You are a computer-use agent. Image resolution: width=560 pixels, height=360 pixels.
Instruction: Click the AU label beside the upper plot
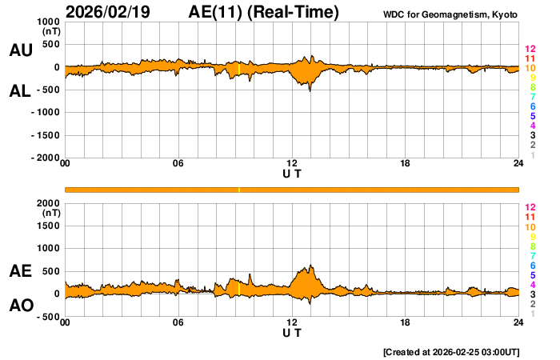pos(20,50)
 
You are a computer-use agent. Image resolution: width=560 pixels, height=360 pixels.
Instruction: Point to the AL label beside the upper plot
pos(20,90)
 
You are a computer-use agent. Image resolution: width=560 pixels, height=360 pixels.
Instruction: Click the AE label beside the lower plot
pos(20,271)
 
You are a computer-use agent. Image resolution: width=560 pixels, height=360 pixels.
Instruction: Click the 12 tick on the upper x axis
pos(292,164)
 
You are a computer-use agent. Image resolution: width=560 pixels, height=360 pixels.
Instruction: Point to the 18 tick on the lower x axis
pos(406,322)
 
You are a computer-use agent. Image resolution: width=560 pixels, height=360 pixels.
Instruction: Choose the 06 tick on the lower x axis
pos(178,322)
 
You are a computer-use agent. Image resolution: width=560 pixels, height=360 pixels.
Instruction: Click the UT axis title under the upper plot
pos(292,174)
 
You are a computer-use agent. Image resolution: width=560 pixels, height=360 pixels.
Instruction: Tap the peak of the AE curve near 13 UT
pos(310,266)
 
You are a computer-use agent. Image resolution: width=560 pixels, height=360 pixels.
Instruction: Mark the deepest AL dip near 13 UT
pos(310,91)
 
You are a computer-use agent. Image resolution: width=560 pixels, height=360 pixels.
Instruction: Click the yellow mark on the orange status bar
pos(239,190)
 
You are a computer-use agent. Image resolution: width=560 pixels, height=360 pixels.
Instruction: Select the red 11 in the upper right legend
pos(530,58)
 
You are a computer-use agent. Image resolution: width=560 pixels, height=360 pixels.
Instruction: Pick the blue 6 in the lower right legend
pos(532,265)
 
